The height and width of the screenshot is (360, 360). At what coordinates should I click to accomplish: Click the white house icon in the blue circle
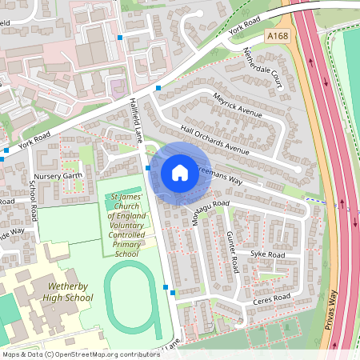180,172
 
